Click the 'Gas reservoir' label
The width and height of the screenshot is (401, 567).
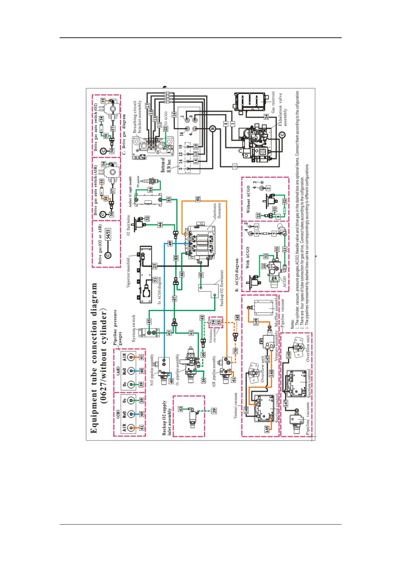coord(273,102)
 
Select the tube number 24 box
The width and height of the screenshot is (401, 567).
coord(266,116)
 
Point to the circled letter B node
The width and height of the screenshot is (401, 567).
coord(213,128)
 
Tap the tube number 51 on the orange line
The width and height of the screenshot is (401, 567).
coord(198,199)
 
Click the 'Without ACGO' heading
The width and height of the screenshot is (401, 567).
coord(248,199)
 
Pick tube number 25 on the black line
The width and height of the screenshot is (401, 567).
coord(154,266)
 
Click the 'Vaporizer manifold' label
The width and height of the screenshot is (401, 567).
coord(128,272)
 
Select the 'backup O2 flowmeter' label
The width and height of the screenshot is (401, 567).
coord(222,288)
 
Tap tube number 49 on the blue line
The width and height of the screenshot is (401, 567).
coord(170,243)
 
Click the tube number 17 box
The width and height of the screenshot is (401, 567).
coord(148,106)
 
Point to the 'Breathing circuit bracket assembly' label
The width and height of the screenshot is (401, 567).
coord(137,116)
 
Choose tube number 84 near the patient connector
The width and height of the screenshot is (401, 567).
coord(151,190)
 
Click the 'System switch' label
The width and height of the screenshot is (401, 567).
coord(134,328)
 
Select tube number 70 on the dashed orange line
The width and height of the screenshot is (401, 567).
coord(236,351)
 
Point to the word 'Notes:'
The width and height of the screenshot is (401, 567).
coord(292,324)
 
